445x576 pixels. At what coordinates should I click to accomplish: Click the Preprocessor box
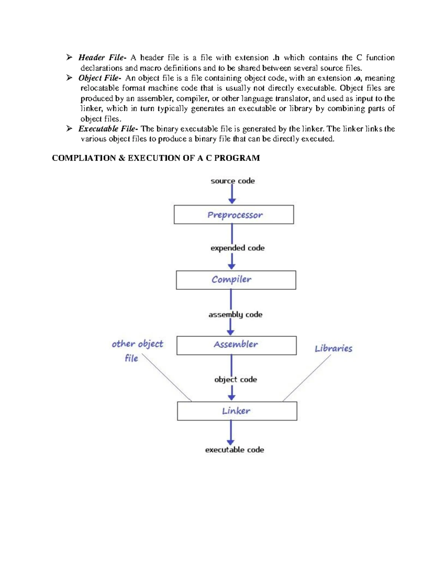point(234,215)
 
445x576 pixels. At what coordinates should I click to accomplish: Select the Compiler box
point(236,280)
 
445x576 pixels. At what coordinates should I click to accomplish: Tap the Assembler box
point(236,345)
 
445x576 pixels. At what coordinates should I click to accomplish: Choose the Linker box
point(237,411)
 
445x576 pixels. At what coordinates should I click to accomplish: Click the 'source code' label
point(233,181)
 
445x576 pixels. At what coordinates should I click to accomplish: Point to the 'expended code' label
point(237,248)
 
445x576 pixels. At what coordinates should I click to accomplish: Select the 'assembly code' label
point(235,315)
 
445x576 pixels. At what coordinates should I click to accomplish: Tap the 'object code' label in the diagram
point(235,379)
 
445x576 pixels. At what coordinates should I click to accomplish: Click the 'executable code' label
point(234,450)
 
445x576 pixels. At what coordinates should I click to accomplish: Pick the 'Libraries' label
point(333,348)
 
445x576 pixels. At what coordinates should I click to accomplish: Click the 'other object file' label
point(137,350)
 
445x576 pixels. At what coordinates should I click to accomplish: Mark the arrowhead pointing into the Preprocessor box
point(232,201)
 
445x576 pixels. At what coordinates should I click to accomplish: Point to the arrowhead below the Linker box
point(231,442)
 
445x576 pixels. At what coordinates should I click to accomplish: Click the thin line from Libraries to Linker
point(307,378)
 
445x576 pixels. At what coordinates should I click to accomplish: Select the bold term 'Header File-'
point(102,57)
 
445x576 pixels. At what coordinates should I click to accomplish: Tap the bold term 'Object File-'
point(99,78)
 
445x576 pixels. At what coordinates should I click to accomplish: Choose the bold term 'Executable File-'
point(108,129)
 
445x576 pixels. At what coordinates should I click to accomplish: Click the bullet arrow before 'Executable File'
point(69,129)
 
